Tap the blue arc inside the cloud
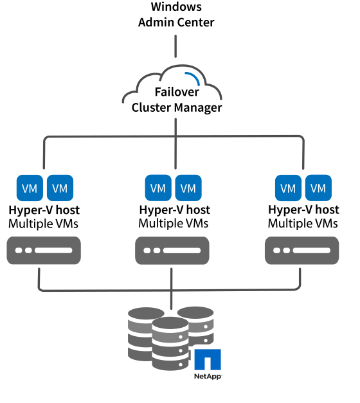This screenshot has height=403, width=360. pos(194,78)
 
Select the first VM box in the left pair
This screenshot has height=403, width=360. pos(30,188)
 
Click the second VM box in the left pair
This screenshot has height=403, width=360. pos(60,188)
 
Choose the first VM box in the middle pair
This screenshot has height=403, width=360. pos(158,188)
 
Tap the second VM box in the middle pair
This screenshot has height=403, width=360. pos(188,188)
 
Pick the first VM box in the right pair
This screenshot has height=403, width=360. pos(288,188)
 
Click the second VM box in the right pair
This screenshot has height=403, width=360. pos(318,188)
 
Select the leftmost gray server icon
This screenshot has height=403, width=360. pos(44,251)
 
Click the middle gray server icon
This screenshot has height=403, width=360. pos(172,251)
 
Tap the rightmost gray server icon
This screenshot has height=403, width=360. pos(302,251)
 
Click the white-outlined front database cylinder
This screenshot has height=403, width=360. pos(170,343)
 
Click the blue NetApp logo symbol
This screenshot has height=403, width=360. pos(208,360)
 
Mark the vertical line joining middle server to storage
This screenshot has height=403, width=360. pos(172,286)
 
